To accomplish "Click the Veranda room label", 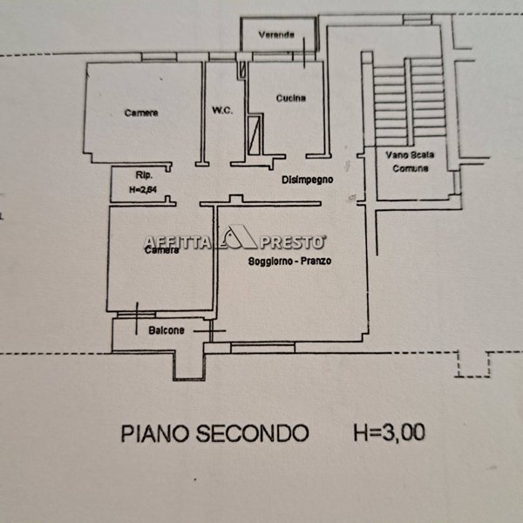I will [276, 35].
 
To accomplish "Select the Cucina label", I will [290, 98].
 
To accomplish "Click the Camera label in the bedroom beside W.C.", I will [141, 112].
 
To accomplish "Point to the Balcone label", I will [165, 330].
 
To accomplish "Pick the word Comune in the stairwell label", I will [410, 167].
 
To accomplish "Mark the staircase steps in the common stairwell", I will [408, 96].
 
